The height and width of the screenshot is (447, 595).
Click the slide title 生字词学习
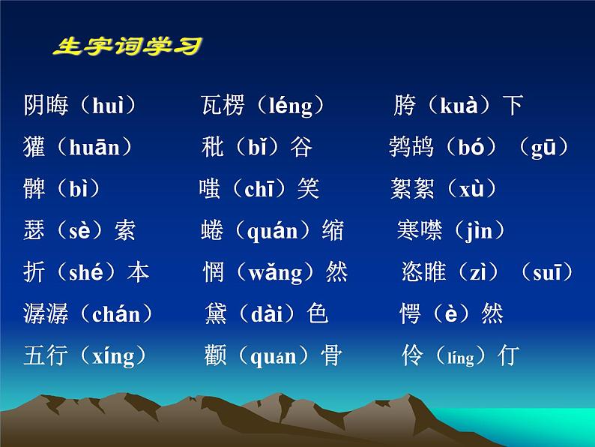point(127,47)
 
